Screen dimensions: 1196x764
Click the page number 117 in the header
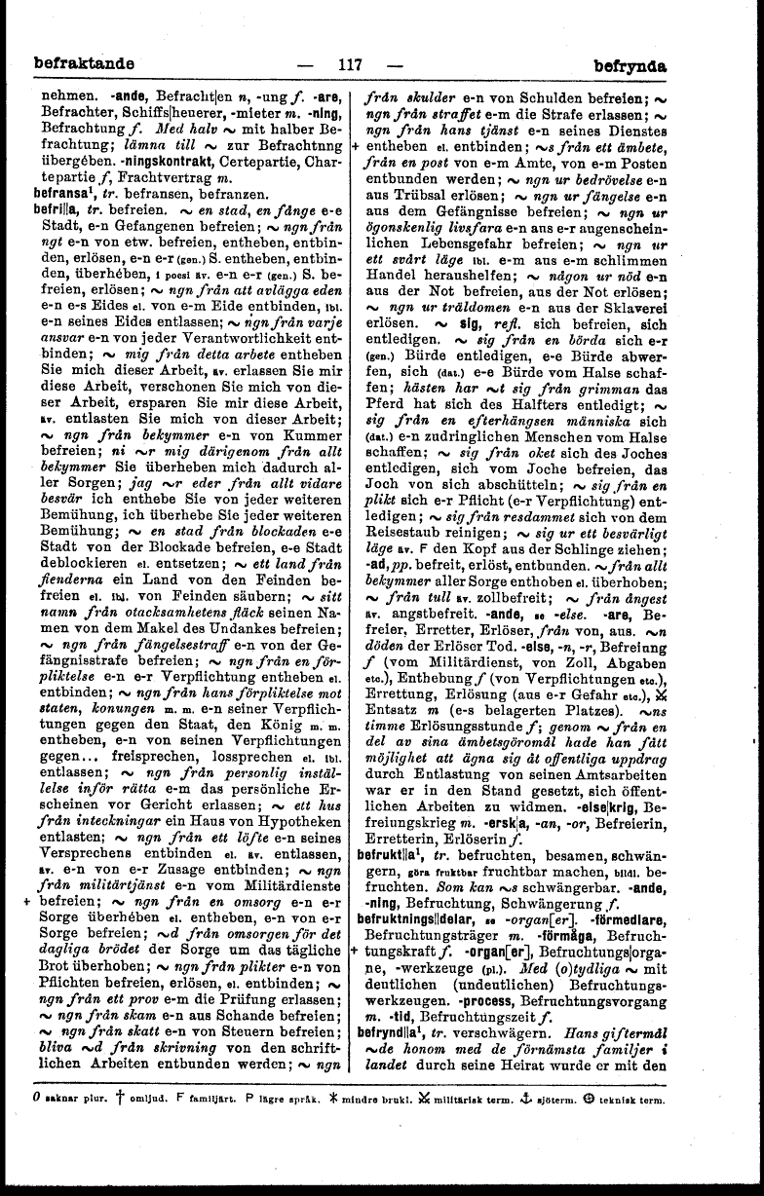348,66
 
